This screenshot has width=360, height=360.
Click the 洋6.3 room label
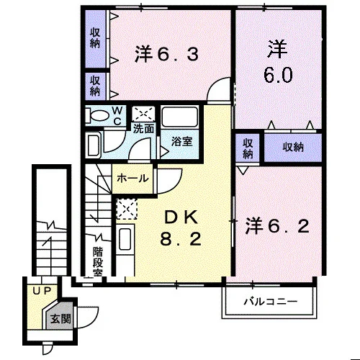pos(166,54)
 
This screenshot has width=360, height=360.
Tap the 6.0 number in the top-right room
pos(278,75)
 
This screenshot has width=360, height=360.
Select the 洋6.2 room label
pos(277,226)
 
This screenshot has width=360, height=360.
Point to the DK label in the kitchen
pos(181,217)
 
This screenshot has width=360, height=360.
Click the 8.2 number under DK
pos(181,239)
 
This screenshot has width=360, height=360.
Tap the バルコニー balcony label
pos(271,301)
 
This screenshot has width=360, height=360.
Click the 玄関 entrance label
pos(60,319)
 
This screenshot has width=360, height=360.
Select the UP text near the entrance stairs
pos(42,291)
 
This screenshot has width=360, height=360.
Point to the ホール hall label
pos(132,179)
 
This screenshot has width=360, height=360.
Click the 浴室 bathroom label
pos(181,141)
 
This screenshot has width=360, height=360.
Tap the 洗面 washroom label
pos(143,129)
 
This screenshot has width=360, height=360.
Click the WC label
pos(117,116)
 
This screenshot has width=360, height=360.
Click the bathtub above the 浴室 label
pos(180,117)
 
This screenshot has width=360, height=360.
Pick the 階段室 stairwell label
pos(98,261)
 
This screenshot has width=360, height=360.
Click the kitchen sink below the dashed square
pos(125,240)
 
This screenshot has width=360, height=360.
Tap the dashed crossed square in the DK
pos(127,209)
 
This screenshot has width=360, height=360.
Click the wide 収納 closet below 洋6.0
pos(293,147)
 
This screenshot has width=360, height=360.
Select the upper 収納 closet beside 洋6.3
pos(95,38)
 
